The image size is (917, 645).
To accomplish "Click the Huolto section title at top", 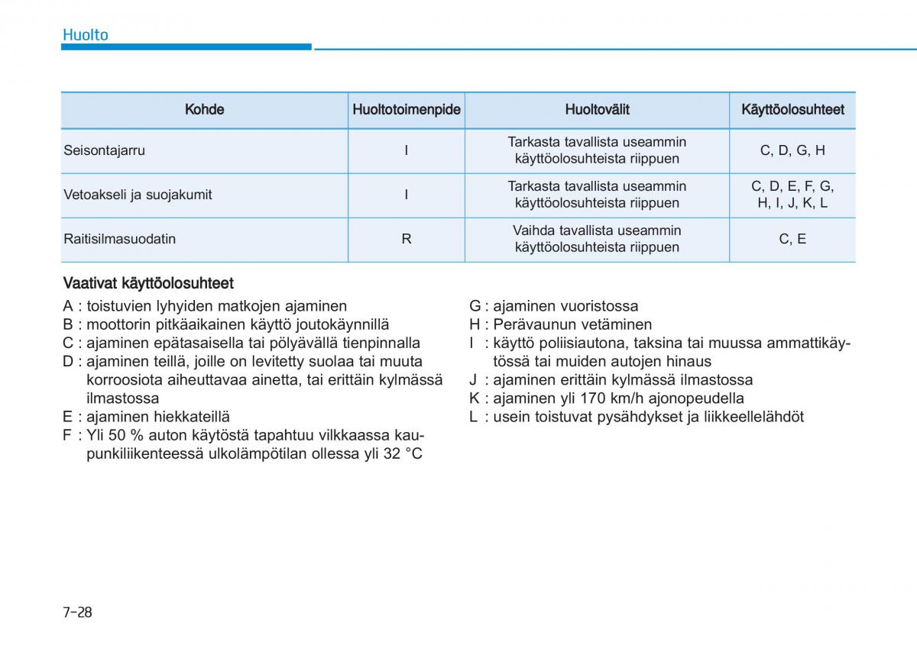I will pyautogui.click(x=85, y=34).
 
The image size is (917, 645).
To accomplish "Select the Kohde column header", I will pyautogui.click(x=204, y=109).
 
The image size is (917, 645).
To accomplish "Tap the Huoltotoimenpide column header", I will pyautogui.click(x=406, y=109).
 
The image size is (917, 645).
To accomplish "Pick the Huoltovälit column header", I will pyautogui.click(x=597, y=109).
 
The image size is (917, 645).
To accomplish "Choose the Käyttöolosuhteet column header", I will pyautogui.click(x=792, y=109).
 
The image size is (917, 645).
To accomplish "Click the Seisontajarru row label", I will pyautogui.click(x=104, y=150).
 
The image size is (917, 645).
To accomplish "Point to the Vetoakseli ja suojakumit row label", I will pyautogui.click(x=138, y=195).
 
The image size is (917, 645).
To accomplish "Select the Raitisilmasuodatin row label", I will pyautogui.click(x=119, y=239).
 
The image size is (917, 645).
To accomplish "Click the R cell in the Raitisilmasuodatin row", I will pyautogui.click(x=406, y=239).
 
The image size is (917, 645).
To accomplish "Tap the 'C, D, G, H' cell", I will pyautogui.click(x=792, y=150).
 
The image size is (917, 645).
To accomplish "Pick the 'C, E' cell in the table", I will pyautogui.click(x=792, y=239).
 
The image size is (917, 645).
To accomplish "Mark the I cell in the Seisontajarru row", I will pyautogui.click(x=406, y=150).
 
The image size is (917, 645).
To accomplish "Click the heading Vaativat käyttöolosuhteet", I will pyautogui.click(x=148, y=283).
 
